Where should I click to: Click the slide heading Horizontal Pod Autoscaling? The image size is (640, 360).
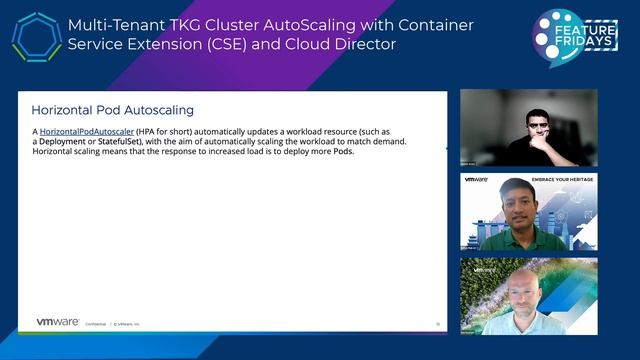(x=112, y=109)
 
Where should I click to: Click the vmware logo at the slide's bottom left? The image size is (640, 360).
(x=58, y=322)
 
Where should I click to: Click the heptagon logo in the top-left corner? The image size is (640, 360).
(x=36, y=37)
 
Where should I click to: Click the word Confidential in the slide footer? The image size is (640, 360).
(x=94, y=323)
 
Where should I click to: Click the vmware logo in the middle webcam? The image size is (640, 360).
(x=475, y=179)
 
